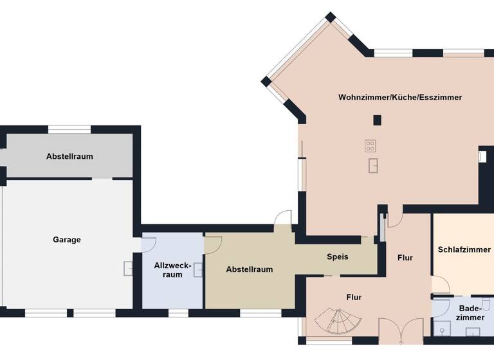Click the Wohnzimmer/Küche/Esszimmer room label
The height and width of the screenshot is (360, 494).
pyautogui.click(x=400, y=97)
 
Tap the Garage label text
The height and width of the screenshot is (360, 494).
pyautogui.click(x=67, y=240)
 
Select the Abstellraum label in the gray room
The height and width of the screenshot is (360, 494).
pyautogui.click(x=69, y=156)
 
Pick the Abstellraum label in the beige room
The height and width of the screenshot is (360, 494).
pyautogui.click(x=250, y=269)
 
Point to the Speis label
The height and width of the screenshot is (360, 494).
pyautogui.click(x=338, y=256)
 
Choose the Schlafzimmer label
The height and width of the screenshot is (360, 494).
pyautogui.click(x=464, y=249)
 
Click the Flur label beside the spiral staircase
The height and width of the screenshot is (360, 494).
pyautogui.click(x=354, y=297)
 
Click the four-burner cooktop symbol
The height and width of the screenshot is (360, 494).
pyautogui.click(x=370, y=145)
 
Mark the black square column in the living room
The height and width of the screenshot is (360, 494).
pyautogui.click(x=377, y=120)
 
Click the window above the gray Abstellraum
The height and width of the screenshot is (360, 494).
pyautogui.click(x=69, y=129)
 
